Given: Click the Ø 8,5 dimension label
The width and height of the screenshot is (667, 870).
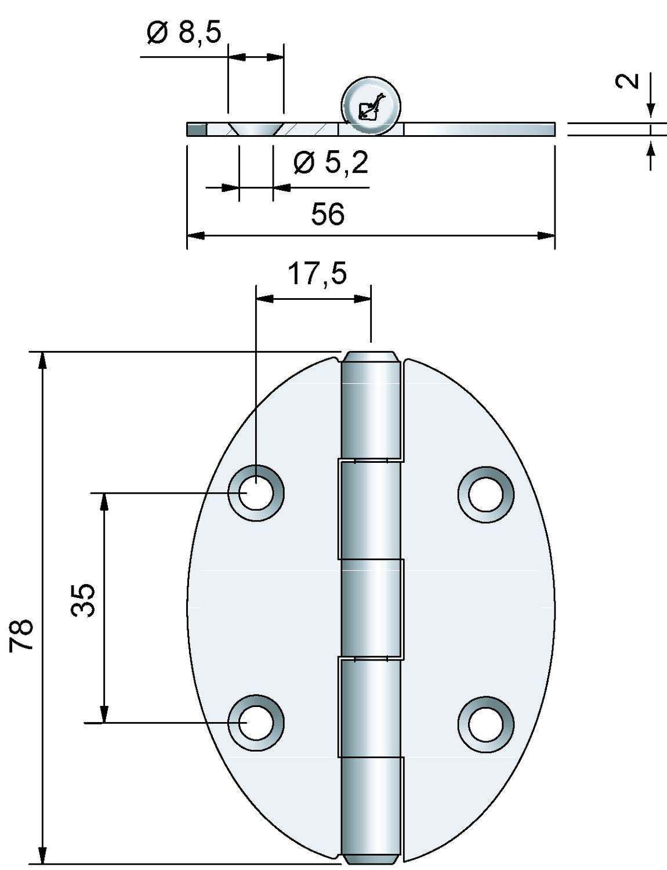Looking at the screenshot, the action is pyautogui.click(x=184, y=32).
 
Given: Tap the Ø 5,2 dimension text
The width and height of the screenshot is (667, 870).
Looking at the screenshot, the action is pyautogui.click(x=331, y=163).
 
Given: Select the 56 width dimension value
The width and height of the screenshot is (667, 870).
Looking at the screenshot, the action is pyautogui.click(x=328, y=213).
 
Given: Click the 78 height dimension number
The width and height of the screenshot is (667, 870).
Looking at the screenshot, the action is pyautogui.click(x=21, y=635).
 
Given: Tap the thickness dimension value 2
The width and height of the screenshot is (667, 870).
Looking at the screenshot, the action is pyautogui.click(x=628, y=81).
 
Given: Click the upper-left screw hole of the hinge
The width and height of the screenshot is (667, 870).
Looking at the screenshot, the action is pyautogui.click(x=256, y=493).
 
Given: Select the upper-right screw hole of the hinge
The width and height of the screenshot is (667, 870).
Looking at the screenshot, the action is pyautogui.click(x=486, y=494).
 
